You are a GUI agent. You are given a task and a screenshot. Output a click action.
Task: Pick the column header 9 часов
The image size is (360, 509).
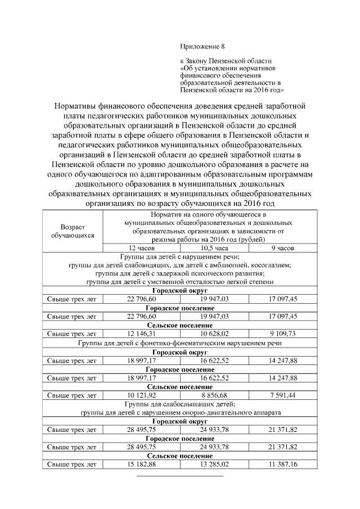[282, 247]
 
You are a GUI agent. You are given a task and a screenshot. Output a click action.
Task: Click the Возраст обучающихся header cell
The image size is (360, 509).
[73, 231]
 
